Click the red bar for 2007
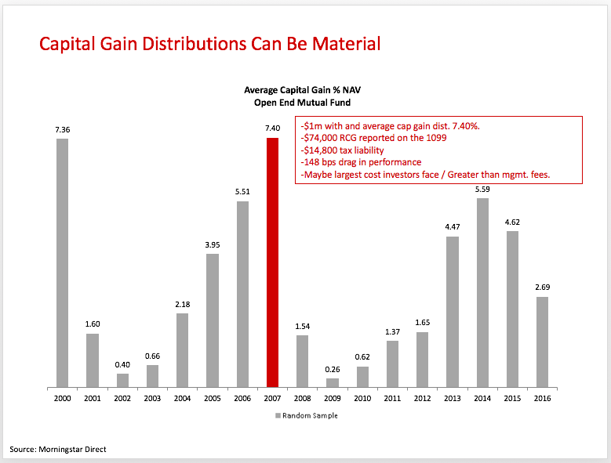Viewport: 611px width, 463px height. [272, 262]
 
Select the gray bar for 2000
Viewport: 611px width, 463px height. [62, 262]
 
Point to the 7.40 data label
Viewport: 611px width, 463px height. [272, 128]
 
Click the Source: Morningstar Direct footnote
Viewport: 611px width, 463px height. [58, 449]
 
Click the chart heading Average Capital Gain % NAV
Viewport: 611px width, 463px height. [304, 90]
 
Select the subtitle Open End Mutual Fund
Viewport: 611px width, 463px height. [304, 102]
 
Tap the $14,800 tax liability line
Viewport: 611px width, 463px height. [342, 150]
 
